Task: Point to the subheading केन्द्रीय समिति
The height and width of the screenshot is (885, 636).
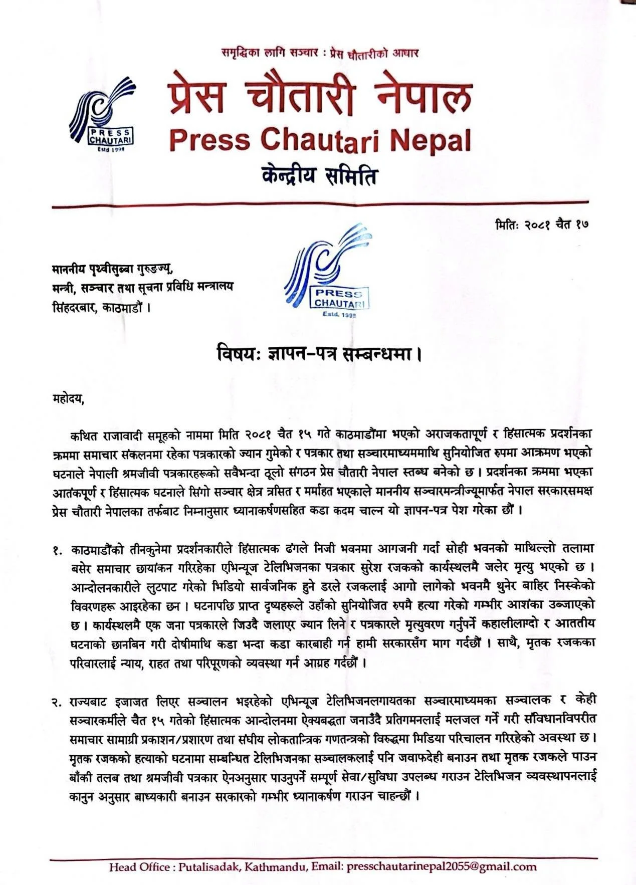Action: (x=319, y=177)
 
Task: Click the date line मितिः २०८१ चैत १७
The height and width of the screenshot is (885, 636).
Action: (x=541, y=224)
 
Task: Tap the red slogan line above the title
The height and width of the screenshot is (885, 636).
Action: (x=320, y=53)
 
